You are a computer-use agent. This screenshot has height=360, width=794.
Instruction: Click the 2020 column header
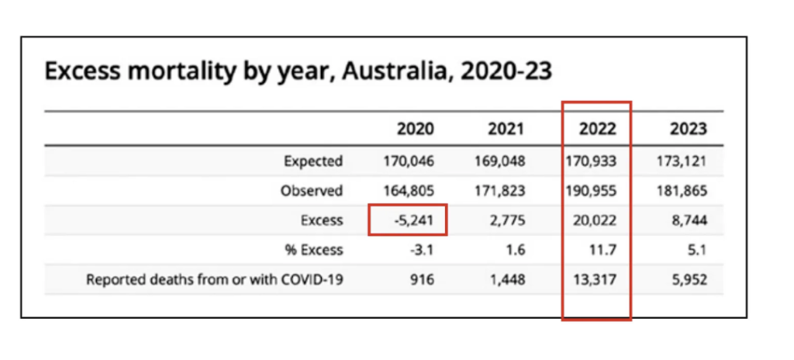[x=415, y=129]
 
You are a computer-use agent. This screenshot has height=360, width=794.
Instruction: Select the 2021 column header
[x=506, y=129]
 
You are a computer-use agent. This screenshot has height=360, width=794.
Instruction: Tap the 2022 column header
[x=597, y=129]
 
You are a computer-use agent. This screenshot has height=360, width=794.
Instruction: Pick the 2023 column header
[x=688, y=129]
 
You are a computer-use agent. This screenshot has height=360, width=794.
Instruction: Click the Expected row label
[x=312, y=162]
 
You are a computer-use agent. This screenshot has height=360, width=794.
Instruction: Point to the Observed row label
[x=312, y=191]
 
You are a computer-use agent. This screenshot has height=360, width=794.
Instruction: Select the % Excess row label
[x=313, y=250]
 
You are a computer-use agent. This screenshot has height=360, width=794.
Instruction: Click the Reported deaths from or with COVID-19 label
[x=214, y=279]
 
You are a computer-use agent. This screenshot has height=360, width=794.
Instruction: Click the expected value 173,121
[x=682, y=162]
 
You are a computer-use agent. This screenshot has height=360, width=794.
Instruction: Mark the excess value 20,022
[x=595, y=220]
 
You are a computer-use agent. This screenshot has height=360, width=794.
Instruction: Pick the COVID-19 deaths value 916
[x=421, y=279]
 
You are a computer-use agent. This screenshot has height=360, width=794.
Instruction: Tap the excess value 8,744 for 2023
[x=689, y=220]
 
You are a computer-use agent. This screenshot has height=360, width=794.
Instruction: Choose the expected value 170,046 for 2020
[x=409, y=162]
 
